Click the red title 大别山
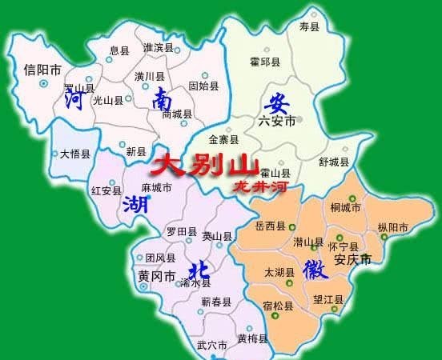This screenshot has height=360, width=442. (x=205, y=166)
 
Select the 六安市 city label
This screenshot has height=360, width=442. (x=278, y=121)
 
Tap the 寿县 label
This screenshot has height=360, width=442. (x=308, y=28)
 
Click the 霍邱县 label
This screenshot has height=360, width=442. (x=265, y=62)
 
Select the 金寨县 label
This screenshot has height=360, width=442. (x=223, y=138)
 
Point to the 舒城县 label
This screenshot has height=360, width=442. (x=333, y=162)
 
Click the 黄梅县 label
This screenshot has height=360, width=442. (x=253, y=339)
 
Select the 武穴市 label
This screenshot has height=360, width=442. (x=212, y=346)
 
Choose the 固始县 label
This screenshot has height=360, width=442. (x=204, y=83)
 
